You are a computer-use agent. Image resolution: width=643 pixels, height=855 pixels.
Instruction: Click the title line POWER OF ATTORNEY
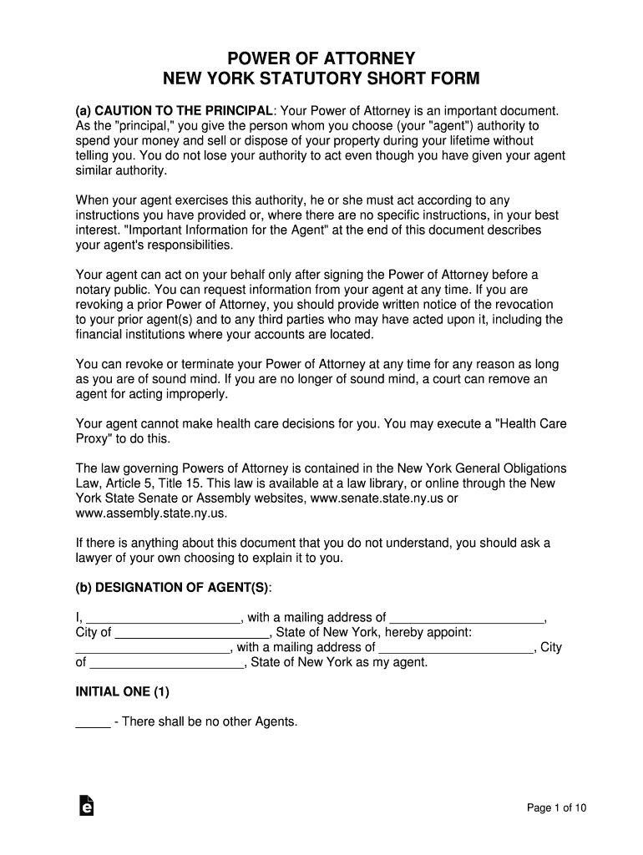click(321, 59)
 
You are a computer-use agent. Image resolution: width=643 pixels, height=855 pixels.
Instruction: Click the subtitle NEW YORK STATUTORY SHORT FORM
click(321, 80)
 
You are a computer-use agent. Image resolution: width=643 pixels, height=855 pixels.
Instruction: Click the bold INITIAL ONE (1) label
click(122, 691)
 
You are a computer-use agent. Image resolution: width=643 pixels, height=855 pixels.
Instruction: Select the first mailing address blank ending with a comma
click(466, 619)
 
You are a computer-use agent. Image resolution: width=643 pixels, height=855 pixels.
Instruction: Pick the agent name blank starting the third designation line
click(153, 648)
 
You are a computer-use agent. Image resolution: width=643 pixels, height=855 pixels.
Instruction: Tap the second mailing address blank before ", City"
click(456, 648)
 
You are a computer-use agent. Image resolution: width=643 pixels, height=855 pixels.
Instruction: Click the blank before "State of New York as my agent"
click(166, 663)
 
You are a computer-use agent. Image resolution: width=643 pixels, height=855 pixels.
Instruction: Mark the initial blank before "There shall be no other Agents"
click(93, 722)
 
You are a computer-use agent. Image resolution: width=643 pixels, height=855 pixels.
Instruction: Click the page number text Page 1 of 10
click(557, 807)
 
